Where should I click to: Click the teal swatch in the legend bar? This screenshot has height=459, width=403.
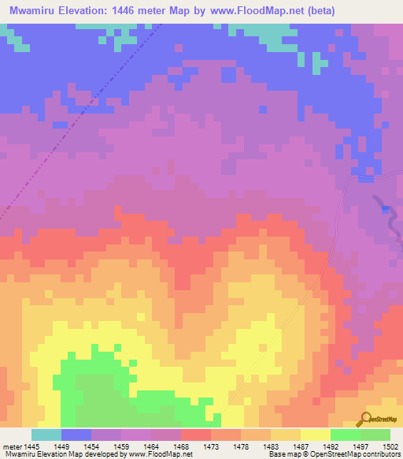[46, 435]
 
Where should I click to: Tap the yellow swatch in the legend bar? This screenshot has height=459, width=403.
[315, 435]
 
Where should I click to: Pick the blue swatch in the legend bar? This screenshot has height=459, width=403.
[76, 435]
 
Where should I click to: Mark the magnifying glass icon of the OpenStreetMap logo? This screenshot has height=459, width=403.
[365, 418]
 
